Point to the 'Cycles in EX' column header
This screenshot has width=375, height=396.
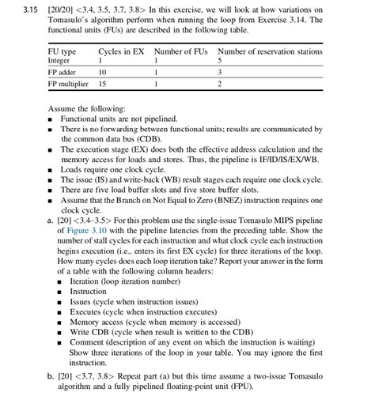(121, 51)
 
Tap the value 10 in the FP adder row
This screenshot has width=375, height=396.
(103, 72)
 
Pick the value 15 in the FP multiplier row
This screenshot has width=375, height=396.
(103, 83)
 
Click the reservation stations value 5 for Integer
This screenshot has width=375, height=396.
(219, 60)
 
